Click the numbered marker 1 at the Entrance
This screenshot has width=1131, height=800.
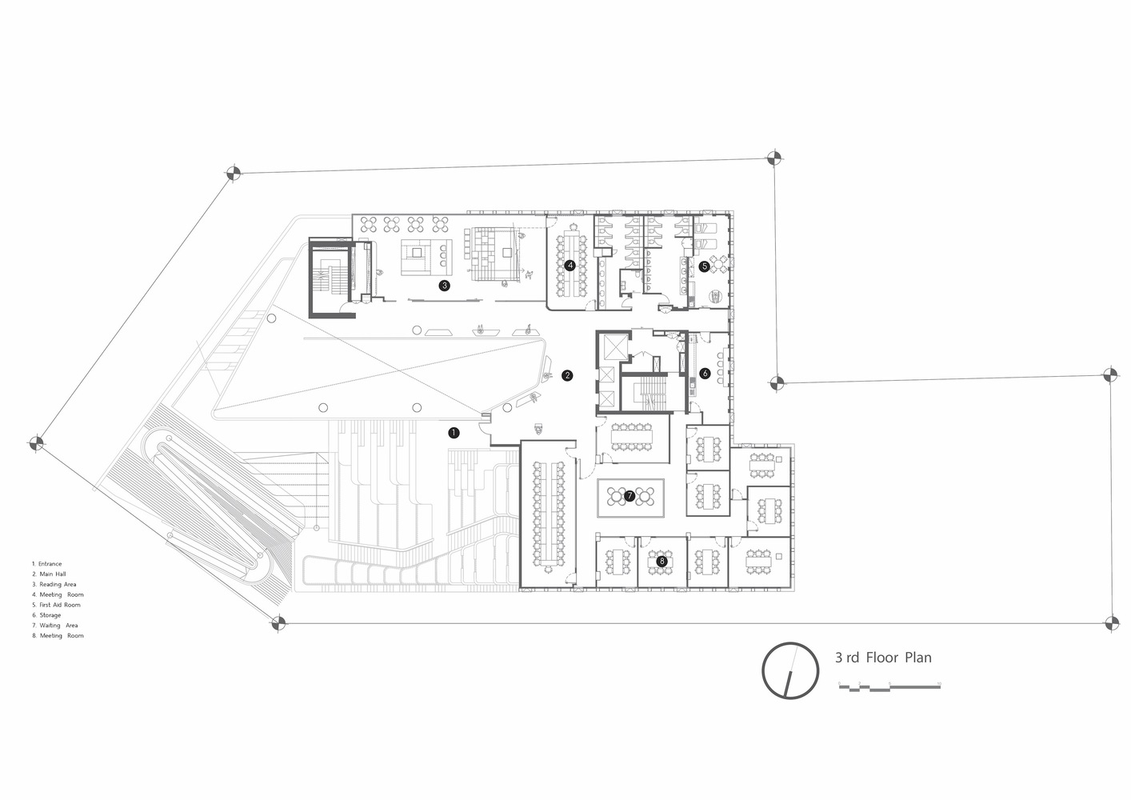pos(454,433)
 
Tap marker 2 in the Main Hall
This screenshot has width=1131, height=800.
pos(567,374)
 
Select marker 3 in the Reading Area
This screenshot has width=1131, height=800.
pos(445,284)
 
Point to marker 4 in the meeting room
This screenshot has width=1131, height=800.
pos(569,265)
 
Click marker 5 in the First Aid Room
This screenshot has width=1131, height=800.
pos(704,266)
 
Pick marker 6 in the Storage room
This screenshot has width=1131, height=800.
pos(705,373)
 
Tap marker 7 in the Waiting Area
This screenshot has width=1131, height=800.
pos(629,496)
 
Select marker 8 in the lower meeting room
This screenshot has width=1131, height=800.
pos(661,562)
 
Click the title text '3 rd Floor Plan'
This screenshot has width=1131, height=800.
pos(883,658)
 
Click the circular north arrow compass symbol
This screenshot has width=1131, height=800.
pos(790,670)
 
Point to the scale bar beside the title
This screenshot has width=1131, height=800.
pos(889,686)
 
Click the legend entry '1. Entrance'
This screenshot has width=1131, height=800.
pos(46,564)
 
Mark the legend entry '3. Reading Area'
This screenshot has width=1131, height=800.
pos(54,585)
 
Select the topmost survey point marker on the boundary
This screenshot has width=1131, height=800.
pos(773,158)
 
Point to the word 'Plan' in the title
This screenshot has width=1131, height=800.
pos(918,658)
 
